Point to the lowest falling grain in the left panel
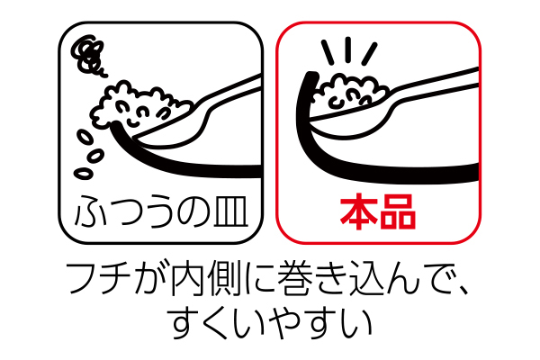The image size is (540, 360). pos(86,166)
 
